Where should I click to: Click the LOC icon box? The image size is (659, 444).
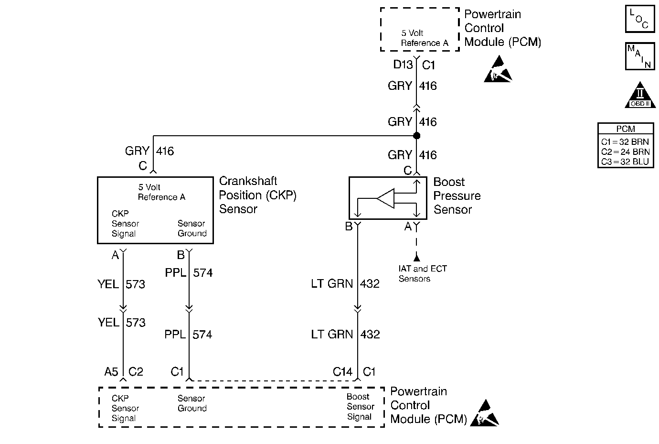click(639, 19)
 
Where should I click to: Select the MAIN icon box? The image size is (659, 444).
click(639, 56)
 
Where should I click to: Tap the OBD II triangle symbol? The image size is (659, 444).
click(640, 96)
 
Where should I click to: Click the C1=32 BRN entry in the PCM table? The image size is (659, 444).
click(625, 142)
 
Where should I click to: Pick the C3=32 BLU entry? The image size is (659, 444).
click(625, 162)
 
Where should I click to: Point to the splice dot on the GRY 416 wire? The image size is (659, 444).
click(416, 136)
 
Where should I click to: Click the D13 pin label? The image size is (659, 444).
click(403, 65)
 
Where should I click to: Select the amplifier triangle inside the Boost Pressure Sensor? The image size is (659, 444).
click(386, 198)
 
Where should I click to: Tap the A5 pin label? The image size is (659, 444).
click(111, 371)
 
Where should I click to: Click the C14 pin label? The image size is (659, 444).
click(342, 371)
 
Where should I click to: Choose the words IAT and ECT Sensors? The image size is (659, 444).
click(423, 274)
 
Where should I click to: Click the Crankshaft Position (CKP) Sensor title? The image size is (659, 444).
click(257, 195)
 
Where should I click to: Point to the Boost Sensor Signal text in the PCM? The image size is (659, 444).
click(360, 407)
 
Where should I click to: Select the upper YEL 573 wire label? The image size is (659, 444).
click(121, 284)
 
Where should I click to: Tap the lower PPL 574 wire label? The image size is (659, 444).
click(188, 335)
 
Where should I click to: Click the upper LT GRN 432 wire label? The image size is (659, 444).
click(345, 284)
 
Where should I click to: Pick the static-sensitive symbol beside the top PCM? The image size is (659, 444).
click(498, 70)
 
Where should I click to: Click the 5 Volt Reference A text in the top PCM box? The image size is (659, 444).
click(424, 38)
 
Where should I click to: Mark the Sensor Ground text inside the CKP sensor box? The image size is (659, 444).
click(192, 228)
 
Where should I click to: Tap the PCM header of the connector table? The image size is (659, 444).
click(626, 129)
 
